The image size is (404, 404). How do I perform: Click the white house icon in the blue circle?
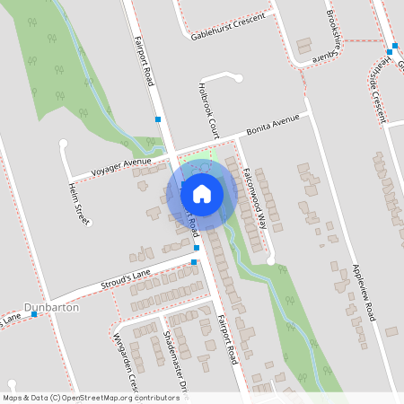[202, 193]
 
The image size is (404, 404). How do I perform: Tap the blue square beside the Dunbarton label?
[34, 314]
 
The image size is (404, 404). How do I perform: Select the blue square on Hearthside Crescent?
[392, 51]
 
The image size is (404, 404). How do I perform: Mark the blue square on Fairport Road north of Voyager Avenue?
[158, 119]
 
